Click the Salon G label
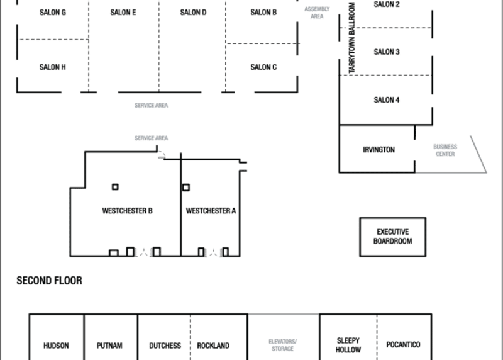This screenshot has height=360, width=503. (x=53, y=13)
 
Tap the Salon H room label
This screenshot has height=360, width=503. (x=53, y=67)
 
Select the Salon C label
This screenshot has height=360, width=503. (x=263, y=67)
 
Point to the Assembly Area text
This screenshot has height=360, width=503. (x=317, y=13)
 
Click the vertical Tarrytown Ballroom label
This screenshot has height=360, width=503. (x=352, y=38)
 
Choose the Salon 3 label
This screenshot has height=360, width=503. (x=387, y=52)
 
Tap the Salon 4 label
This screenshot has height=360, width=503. (x=387, y=100)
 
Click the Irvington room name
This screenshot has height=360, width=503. (x=379, y=150)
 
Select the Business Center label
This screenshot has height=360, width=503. (x=445, y=150)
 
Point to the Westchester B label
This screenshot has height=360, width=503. (x=128, y=211)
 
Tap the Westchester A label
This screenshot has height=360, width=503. (x=211, y=211)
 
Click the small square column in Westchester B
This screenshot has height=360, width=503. (x=115, y=187)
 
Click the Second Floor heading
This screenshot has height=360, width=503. (x=50, y=281)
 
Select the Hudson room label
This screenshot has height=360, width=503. (x=56, y=346)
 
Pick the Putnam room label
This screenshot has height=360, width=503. (x=109, y=346)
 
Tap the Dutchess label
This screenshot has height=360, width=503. (x=165, y=346)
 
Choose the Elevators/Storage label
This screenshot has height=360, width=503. (x=282, y=345)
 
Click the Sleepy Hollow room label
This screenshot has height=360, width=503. (x=348, y=346)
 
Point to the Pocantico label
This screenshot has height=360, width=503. (x=403, y=345)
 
